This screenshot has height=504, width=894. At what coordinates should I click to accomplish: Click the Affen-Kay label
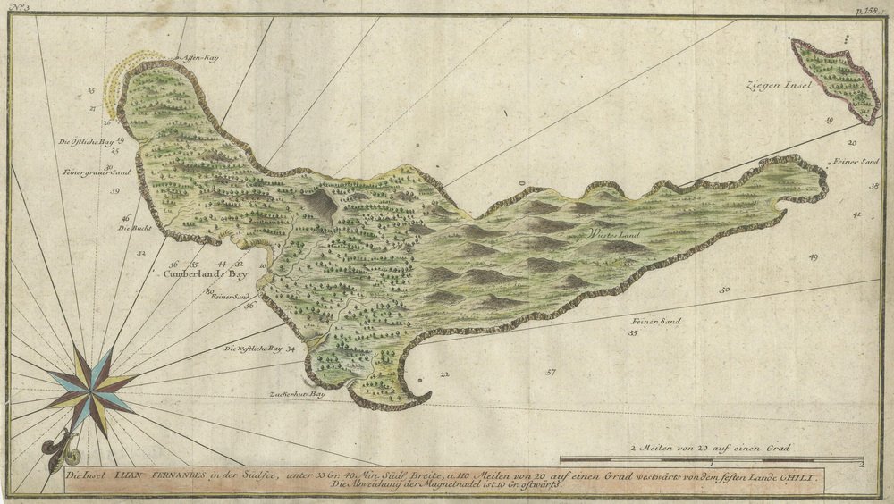pos(200,57)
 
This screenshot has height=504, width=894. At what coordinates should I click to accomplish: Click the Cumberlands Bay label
pos(206,275)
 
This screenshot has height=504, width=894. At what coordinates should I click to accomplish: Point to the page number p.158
pos(867,8)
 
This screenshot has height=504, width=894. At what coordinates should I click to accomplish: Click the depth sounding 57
pos(551,372)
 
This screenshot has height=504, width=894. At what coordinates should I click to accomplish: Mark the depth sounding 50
pos(724,289)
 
